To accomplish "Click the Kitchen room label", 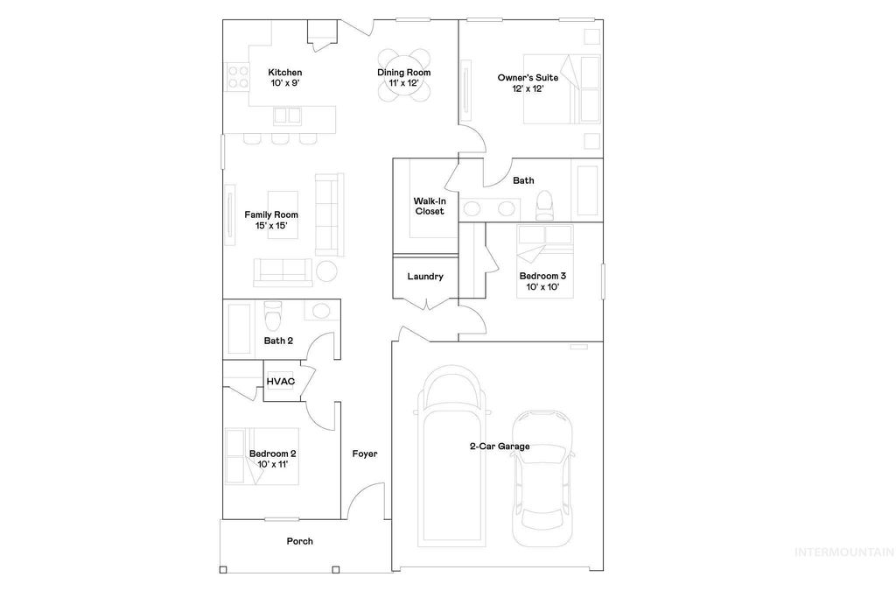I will click(x=285, y=72).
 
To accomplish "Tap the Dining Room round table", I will click(x=403, y=77).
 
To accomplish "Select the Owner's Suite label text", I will click(x=528, y=77).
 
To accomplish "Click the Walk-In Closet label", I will click(x=429, y=206).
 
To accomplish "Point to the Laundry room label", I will click(x=425, y=277).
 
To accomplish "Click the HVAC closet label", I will click(x=280, y=382).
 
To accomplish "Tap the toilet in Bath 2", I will click(x=272, y=312).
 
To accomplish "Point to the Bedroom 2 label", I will click(x=272, y=454).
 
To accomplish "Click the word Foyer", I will click(x=365, y=454).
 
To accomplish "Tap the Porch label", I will click(x=300, y=541).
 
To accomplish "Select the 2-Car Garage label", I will click(x=499, y=447).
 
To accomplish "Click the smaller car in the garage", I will click(x=542, y=471).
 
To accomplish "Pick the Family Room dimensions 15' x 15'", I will click(x=271, y=226).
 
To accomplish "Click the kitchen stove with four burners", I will click(x=236, y=77).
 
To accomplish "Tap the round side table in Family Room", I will click(x=326, y=271).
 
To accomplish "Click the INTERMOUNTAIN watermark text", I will click(x=843, y=552).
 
